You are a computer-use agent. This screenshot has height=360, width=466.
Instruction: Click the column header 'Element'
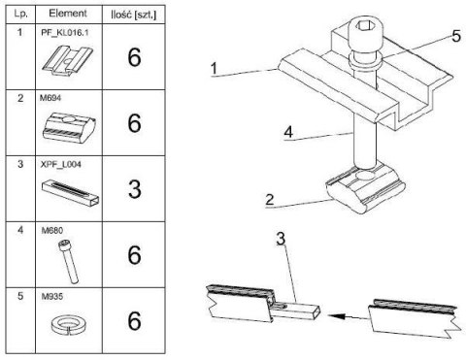click(x=68, y=14)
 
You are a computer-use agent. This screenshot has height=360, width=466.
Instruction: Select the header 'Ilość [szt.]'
click(x=133, y=15)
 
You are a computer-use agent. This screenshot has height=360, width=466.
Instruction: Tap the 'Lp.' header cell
click(x=20, y=14)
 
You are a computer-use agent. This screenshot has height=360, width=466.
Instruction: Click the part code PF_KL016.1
click(x=65, y=33)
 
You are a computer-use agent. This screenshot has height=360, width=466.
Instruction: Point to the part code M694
click(x=50, y=98)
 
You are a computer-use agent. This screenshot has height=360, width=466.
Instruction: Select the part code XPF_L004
click(x=61, y=164)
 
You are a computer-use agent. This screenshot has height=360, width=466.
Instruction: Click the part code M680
click(x=52, y=231)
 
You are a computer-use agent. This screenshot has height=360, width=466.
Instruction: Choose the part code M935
click(x=52, y=296)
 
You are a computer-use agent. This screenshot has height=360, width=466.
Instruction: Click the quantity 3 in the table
click(x=134, y=189)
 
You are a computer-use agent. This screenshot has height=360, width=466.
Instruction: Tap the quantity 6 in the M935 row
click(x=134, y=321)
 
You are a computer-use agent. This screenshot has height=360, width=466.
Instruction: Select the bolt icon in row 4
click(x=68, y=262)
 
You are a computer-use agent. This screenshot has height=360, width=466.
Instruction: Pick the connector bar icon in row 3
click(x=71, y=192)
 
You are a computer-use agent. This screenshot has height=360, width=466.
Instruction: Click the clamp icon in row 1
click(x=67, y=61)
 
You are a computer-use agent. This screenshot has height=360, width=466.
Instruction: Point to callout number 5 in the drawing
click(x=456, y=36)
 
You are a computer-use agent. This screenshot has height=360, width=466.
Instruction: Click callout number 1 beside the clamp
click(x=214, y=69)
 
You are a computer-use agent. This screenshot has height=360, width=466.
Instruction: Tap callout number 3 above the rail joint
click(x=281, y=239)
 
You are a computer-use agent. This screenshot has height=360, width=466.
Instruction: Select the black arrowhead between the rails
click(x=335, y=316)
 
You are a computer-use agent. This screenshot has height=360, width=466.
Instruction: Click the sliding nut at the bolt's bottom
click(x=365, y=188)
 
